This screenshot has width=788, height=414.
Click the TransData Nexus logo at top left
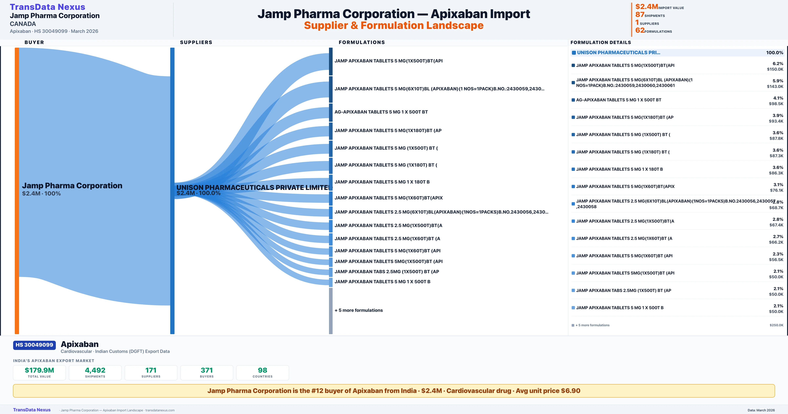(47, 7)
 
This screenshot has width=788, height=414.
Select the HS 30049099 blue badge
(34, 345)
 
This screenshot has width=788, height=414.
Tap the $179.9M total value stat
(39, 370)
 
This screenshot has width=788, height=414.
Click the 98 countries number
(263, 370)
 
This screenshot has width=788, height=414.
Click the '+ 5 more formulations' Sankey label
(359, 310)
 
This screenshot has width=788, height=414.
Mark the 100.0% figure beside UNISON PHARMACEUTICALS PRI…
(774, 53)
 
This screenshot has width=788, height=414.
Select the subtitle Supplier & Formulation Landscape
(394, 25)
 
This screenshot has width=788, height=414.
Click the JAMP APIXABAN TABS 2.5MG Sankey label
(387, 272)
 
